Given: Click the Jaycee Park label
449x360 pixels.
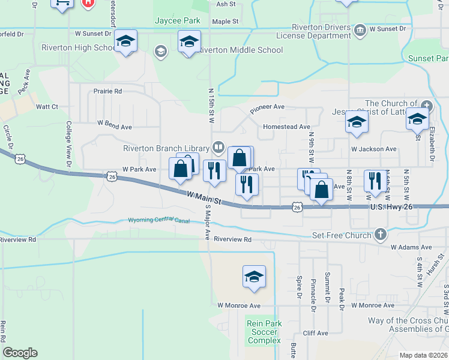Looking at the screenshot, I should pos(177,21).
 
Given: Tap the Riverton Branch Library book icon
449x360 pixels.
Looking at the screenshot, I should pos(218,148).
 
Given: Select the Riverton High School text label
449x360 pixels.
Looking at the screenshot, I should pos(77,47).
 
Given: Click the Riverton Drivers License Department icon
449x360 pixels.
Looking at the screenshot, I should pos(360,29).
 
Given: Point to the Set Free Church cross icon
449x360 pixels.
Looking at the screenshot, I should pos(379,235).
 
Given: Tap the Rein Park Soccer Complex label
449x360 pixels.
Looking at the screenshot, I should pos(264,332).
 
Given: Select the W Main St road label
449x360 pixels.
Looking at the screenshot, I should pos(205,198).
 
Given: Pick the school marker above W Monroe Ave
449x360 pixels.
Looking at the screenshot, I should pos(254,277).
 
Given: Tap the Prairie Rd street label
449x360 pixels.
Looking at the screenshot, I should pos(107,91).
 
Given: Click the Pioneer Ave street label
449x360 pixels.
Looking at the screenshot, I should pos(267,108).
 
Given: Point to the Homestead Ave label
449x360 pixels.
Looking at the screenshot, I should pos(286,127).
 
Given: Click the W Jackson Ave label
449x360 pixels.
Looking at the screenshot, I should pos(374,149).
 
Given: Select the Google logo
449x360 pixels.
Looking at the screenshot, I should pos(20,353).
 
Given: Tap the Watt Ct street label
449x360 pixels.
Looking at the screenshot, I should pos(47,107).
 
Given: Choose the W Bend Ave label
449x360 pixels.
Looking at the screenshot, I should pos(114,127).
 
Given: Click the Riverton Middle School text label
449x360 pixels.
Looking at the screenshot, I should pos(241,50).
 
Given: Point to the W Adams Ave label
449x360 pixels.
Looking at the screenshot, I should pos(411,247).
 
